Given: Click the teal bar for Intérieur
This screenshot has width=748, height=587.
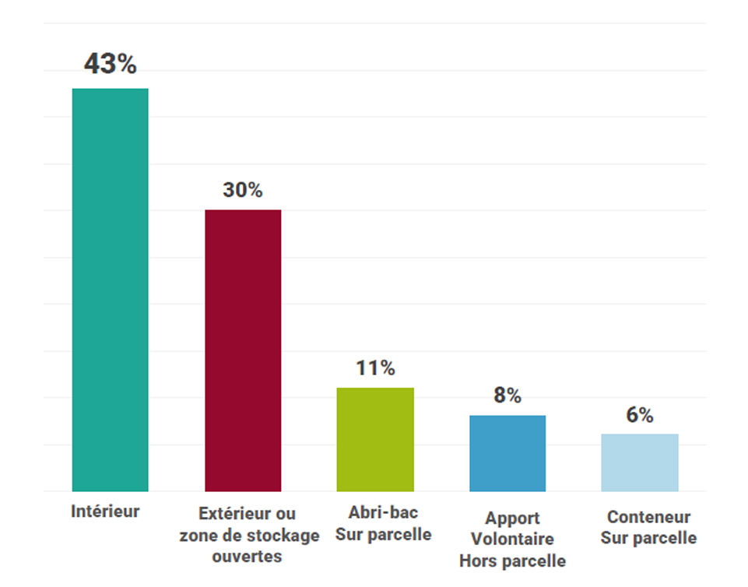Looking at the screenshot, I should (x=110, y=290).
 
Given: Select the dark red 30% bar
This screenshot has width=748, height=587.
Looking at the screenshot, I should (x=243, y=350).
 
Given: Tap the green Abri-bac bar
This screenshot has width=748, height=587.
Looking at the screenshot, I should (x=375, y=439).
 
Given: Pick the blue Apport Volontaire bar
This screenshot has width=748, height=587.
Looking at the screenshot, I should (x=507, y=453).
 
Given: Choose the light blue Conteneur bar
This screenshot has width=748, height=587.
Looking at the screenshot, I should (x=640, y=462).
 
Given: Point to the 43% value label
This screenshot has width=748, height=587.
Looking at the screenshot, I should (x=110, y=65).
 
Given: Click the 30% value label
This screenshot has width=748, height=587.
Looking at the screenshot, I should (x=243, y=190).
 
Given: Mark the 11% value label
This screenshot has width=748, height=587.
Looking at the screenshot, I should (x=375, y=368).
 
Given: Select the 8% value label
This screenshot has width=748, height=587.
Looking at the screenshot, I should (x=507, y=395).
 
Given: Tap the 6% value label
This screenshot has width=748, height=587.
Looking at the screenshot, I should (x=640, y=415).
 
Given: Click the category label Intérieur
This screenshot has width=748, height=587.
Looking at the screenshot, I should (x=106, y=511).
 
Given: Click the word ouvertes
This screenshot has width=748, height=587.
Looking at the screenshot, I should (x=247, y=557).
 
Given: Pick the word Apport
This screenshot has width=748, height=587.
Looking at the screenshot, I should (x=512, y=518).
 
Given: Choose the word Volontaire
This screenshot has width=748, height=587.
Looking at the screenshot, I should (x=512, y=539).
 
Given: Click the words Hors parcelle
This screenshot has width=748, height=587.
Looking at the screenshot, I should (x=512, y=561).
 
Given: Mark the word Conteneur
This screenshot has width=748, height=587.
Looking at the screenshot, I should (x=649, y=517).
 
